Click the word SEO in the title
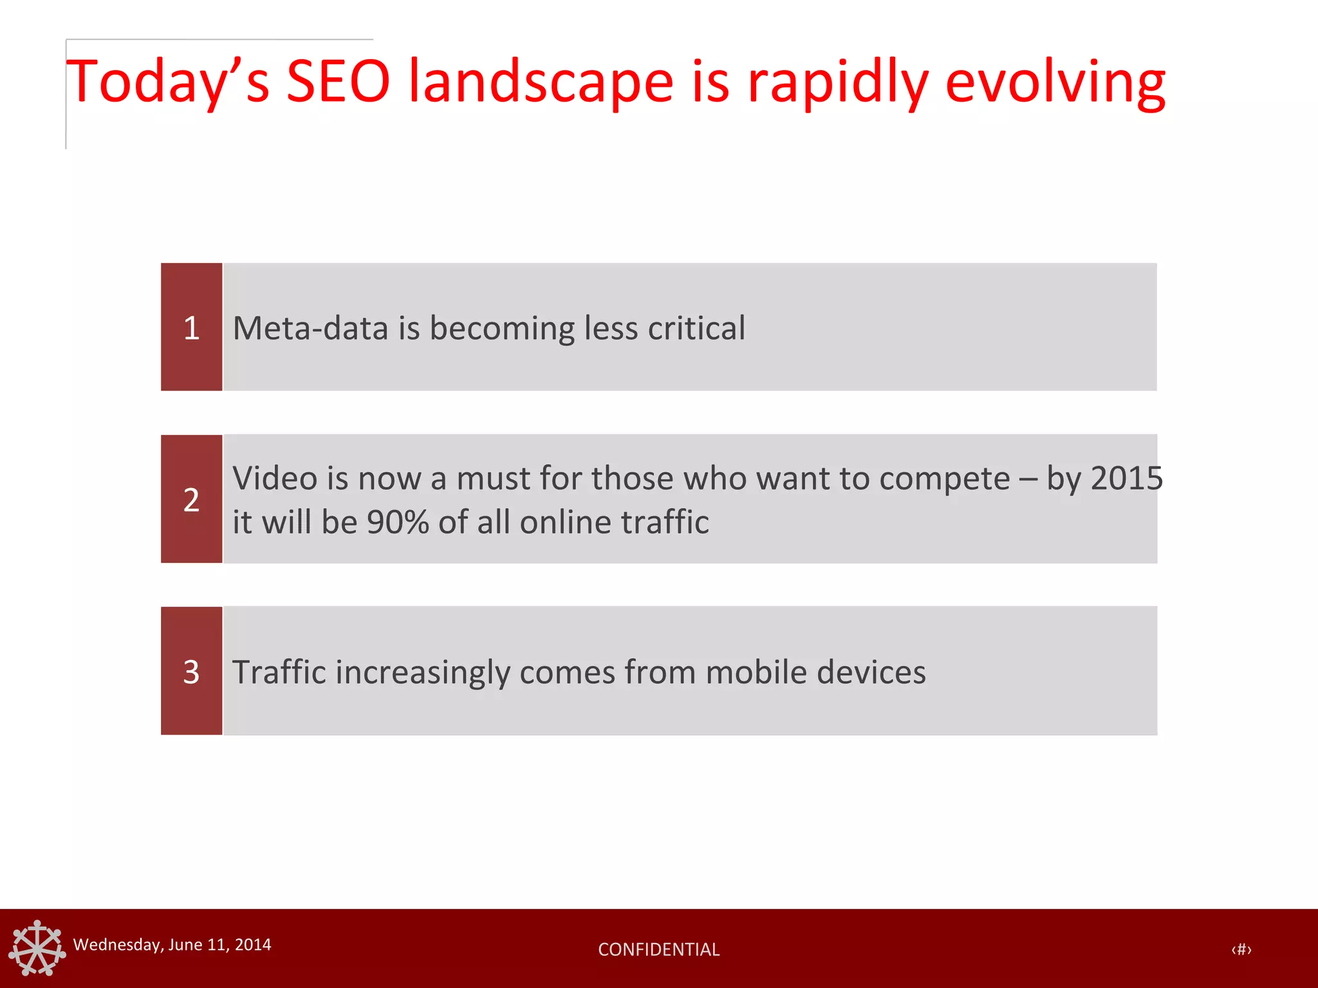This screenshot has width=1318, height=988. point(338,82)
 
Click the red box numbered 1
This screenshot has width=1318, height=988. point(191,327)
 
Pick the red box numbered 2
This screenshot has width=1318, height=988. point(191,499)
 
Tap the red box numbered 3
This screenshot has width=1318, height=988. point(191,671)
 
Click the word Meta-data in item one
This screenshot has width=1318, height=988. point(310,328)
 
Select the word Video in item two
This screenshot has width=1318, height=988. point(275,479)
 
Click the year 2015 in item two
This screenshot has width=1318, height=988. point(1127,479)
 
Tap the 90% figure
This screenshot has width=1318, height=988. point(397,522)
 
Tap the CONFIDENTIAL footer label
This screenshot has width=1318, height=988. point(658,949)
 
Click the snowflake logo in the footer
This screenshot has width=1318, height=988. point(37,948)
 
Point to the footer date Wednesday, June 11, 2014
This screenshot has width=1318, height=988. point(172,944)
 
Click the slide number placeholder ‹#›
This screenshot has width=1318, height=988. point(1241,949)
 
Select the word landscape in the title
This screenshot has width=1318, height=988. point(541,82)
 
